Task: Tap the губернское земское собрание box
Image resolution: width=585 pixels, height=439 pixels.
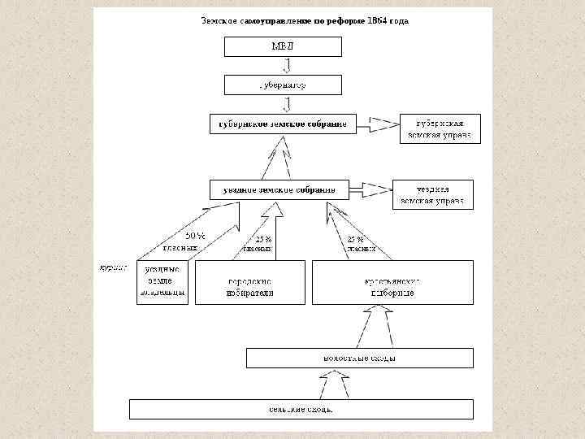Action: click(x=279, y=124)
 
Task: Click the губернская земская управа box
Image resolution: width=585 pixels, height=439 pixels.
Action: click(x=440, y=128)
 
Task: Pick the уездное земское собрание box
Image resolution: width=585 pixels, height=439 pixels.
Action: click(x=279, y=189)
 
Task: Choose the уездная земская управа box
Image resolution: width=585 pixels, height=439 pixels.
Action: click(x=433, y=194)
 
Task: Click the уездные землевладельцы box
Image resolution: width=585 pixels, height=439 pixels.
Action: click(x=162, y=281)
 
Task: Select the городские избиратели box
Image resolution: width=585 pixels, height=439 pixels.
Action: click(x=250, y=282)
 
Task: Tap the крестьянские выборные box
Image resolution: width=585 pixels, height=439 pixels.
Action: click(x=392, y=282)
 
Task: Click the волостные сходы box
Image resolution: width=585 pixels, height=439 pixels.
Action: click(x=359, y=358)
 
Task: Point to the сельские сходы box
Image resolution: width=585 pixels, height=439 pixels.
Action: click(x=301, y=408)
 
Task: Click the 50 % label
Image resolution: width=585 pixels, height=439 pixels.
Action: click(x=196, y=236)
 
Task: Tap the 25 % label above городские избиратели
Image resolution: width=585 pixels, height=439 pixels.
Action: click(x=263, y=240)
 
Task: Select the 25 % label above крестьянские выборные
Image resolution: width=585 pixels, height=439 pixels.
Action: click(x=355, y=240)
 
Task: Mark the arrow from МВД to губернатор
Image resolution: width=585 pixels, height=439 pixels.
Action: click(x=286, y=66)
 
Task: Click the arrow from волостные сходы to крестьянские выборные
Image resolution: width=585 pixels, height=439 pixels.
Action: click(x=378, y=324)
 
